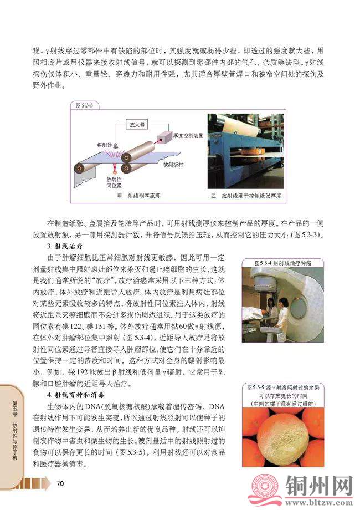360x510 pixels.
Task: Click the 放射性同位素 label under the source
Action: pyautogui.click(x=113, y=183)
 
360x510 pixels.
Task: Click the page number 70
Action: pyautogui.click(x=61, y=484)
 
